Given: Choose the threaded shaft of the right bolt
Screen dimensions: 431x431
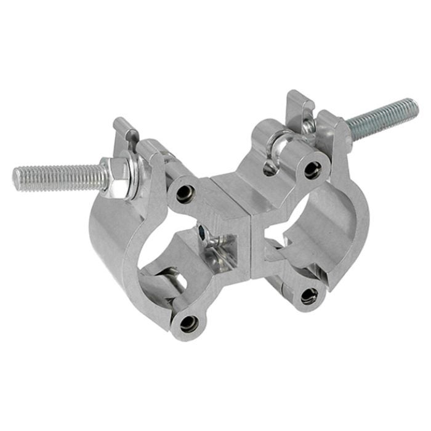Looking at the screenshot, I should pyautogui.click(x=379, y=119).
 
